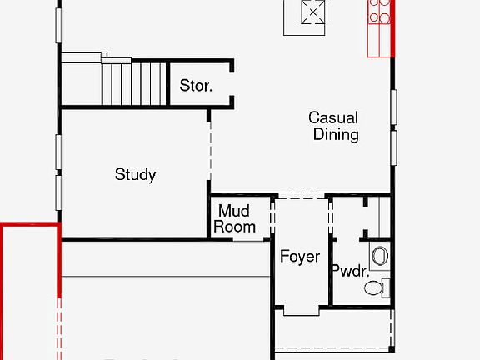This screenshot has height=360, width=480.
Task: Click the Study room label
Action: tap(135, 174)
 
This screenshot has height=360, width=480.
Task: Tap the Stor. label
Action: tap(196, 85)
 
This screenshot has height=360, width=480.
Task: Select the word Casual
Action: tap(333, 117)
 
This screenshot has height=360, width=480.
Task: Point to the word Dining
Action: tap(336, 134)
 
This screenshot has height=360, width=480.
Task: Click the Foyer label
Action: tap(299, 257)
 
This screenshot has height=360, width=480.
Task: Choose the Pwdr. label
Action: tap(350, 270)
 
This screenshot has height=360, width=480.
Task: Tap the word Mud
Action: tap(234, 212)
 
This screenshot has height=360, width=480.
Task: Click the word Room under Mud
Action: tap(234, 226)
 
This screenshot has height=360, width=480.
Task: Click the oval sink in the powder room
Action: tap(380, 255)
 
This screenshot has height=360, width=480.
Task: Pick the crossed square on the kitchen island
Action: tap(312, 12)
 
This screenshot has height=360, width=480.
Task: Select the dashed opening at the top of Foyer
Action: tap(299, 196)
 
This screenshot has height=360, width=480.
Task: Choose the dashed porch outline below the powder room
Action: tap(333, 349)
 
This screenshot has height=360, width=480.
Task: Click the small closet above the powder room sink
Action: tap(380, 217)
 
